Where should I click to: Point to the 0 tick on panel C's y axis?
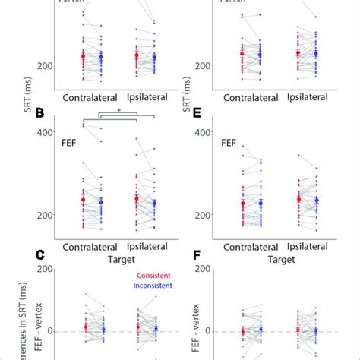click(x=48, y=331)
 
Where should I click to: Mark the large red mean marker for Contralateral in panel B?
click(x=84, y=200)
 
